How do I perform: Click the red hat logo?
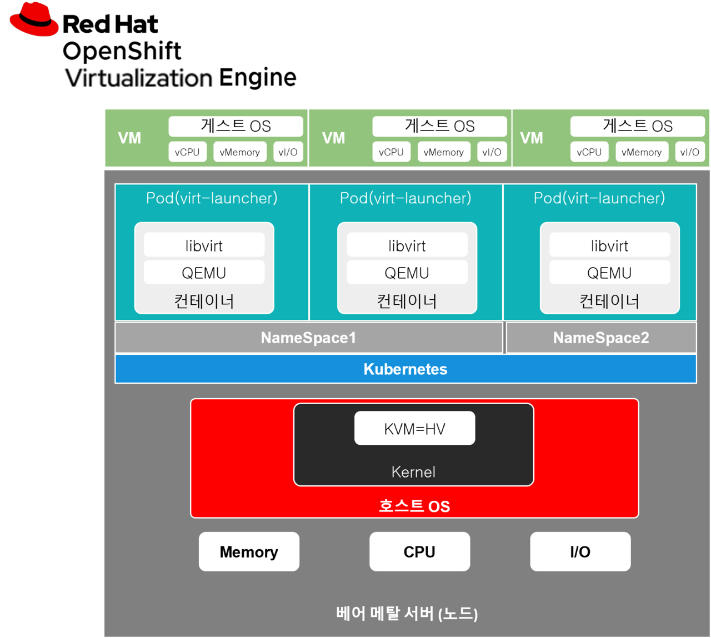34,20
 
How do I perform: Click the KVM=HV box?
414,428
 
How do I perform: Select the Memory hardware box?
249,551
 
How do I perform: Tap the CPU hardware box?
419,551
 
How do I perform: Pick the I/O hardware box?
580,551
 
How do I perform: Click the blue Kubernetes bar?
405,369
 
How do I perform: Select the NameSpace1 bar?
308,338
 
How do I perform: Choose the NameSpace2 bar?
601,338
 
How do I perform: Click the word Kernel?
413,472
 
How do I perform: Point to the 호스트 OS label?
414,506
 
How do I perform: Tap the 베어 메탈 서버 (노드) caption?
407,614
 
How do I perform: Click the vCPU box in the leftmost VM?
187,152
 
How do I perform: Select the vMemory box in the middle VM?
443,152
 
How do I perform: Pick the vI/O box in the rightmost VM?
689,152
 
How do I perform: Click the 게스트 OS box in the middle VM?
439,126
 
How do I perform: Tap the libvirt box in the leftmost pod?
204,245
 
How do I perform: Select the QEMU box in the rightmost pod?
609,273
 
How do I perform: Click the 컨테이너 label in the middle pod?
407,301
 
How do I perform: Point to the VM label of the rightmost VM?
532,138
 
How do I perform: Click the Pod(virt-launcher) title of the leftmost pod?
212,198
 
